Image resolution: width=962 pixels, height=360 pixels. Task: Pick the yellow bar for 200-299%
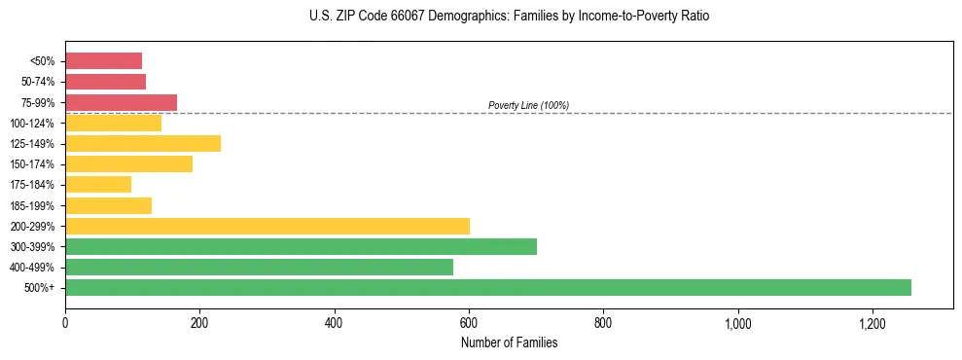pos(267,226)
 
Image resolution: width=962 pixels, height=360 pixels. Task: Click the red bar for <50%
pos(103,61)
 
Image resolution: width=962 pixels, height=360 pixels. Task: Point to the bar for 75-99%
pos(121,102)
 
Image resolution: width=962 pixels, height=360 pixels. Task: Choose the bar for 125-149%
pos(143,143)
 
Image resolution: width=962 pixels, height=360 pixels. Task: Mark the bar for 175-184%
pos(98,184)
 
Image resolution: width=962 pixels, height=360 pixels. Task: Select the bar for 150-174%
pos(128,163)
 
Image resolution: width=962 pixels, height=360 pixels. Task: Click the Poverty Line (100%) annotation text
pos(528,105)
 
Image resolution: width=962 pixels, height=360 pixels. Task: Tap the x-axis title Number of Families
pos(510,342)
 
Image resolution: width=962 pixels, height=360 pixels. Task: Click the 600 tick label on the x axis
pos(469,322)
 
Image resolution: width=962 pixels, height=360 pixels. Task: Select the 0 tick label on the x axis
pos(65,322)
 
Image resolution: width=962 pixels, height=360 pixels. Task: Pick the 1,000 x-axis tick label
pos(738,322)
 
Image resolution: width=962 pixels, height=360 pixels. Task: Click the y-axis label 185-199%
pos(32,205)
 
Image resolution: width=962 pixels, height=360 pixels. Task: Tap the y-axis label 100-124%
pos(32,124)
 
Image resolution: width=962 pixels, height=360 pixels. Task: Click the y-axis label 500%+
pos(39,288)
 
